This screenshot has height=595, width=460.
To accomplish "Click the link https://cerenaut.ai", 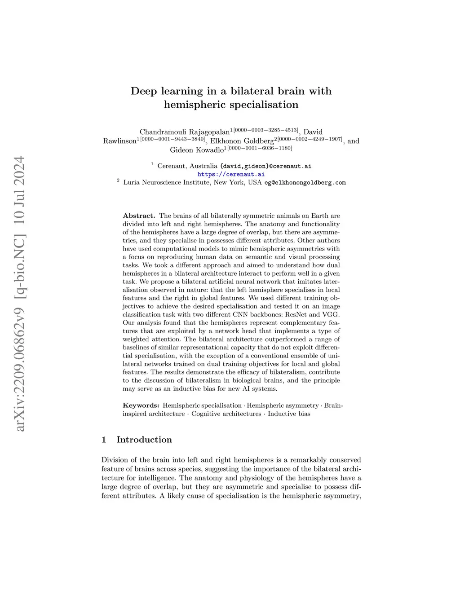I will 231,174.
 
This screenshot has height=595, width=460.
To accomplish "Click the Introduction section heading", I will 144,440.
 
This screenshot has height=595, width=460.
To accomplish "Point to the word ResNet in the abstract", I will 298,314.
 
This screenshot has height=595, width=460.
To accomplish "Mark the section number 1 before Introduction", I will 104,440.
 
